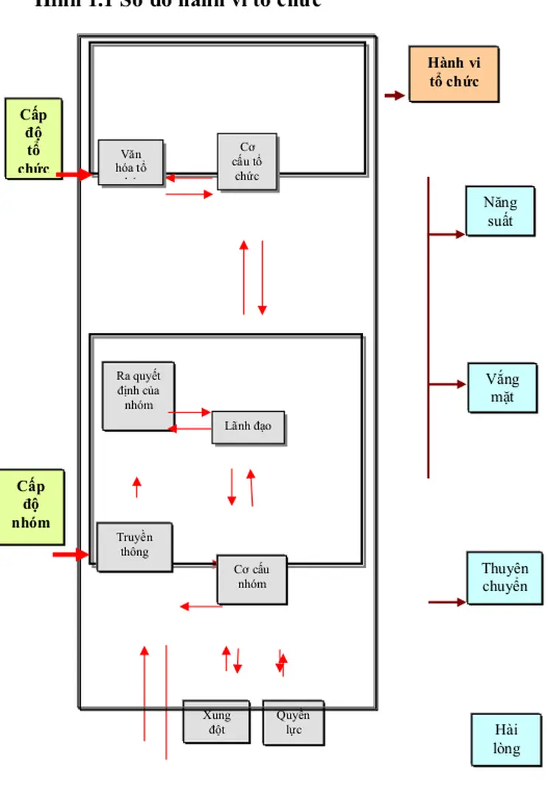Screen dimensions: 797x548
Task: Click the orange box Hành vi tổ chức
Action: (x=454, y=74)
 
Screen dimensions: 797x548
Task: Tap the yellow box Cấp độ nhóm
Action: (x=31, y=505)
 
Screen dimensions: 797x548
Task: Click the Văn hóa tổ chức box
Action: (x=131, y=162)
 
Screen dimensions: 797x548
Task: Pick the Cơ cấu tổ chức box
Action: (x=247, y=161)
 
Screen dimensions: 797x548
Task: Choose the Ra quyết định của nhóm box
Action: (x=139, y=396)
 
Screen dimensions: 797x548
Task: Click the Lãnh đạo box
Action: (x=248, y=427)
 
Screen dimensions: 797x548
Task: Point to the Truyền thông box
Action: (x=134, y=546)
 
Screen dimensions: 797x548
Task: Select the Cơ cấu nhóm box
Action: (x=252, y=579)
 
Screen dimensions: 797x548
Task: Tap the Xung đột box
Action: (x=216, y=722)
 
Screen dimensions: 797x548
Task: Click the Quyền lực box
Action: (x=294, y=722)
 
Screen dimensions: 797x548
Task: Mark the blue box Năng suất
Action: (x=500, y=210)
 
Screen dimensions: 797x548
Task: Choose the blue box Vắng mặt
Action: (x=502, y=387)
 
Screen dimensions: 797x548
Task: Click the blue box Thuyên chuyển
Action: (x=504, y=576)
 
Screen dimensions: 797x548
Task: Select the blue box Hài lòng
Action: (x=506, y=739)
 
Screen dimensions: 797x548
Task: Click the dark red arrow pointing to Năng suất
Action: (x=447, y=234)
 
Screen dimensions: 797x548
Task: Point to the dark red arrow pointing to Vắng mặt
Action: (x=447, y=384)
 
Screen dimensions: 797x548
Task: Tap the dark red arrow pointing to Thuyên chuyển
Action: (x=447, y=602)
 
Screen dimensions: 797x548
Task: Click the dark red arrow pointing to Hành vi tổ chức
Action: (x=395, y=95)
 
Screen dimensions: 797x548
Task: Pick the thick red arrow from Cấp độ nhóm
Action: (x=71, y=553)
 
